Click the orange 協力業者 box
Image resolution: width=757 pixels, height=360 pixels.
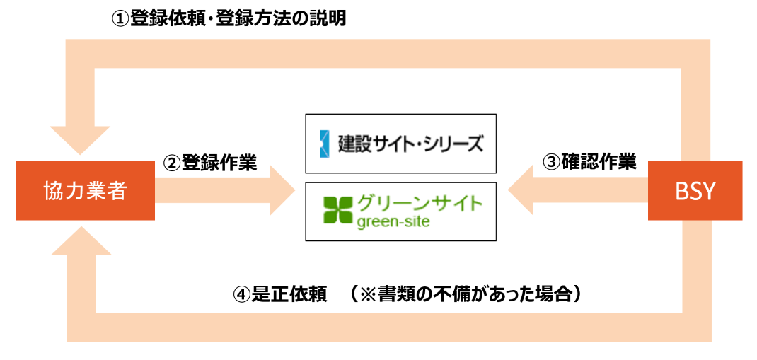point(85,191)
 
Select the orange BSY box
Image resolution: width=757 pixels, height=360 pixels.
point(695,191)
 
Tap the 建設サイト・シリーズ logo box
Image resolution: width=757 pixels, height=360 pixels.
point(400,144)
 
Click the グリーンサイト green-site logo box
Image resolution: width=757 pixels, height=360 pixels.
point(400,211)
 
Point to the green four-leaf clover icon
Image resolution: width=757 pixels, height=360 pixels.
point(337,209)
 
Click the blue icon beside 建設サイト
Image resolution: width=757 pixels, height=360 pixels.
point(325,144)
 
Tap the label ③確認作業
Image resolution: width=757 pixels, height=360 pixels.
point(589,163)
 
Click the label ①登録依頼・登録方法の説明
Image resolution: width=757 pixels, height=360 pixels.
point(229,19)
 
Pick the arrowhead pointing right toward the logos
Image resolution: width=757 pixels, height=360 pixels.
point(282,191)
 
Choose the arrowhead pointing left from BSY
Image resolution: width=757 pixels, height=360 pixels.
point(521,191)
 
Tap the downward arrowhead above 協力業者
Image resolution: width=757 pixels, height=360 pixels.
point(80,140)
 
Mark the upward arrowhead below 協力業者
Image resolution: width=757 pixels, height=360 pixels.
point(80,240)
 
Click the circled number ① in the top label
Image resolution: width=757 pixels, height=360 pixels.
point(120,20)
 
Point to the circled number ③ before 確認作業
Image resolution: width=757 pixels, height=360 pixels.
point(551,163)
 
